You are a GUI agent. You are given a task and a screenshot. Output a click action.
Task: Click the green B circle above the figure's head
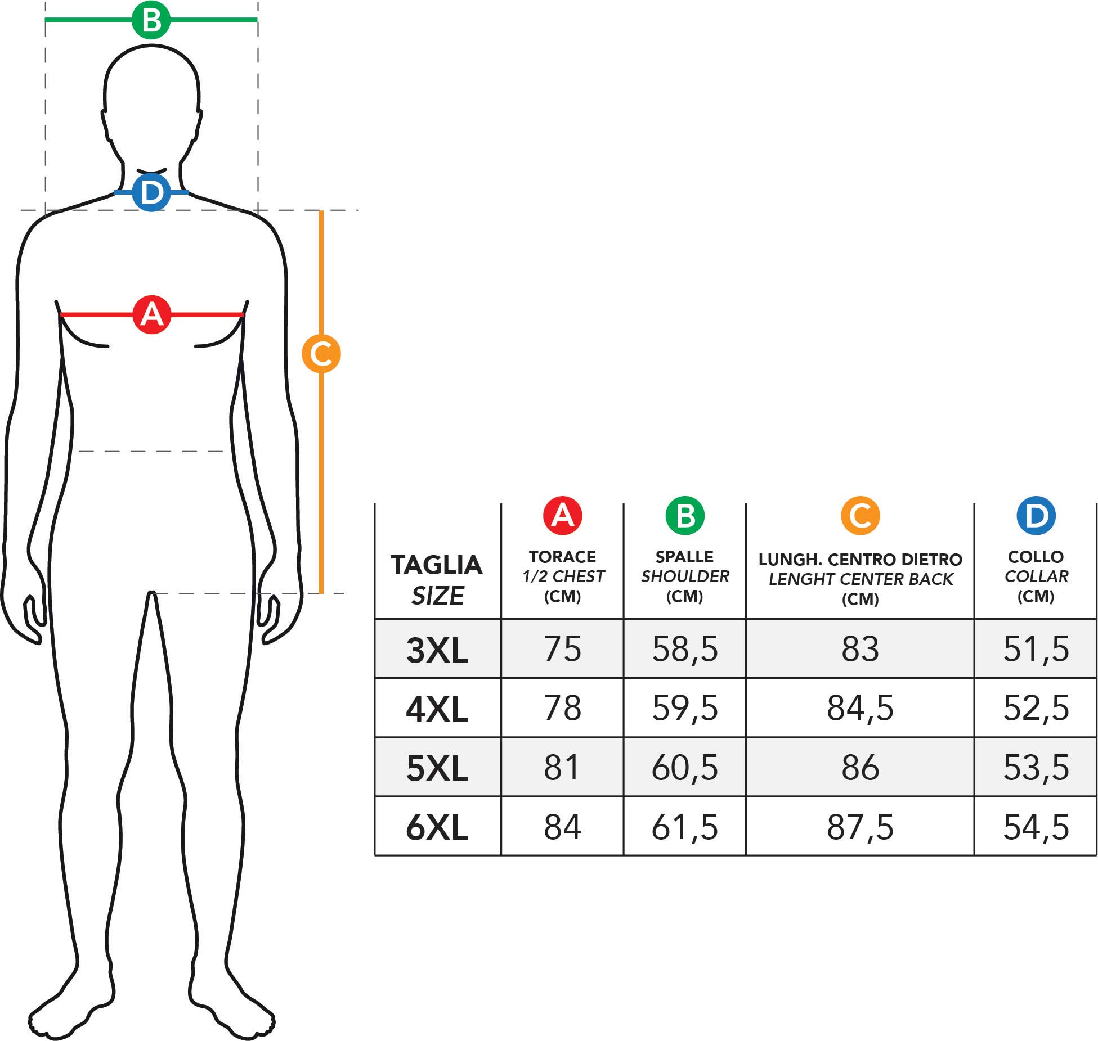pyautogui.click(x=151, y=20)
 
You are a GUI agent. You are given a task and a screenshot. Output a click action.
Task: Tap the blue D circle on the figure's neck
pyautogui.click(x=151, y=192)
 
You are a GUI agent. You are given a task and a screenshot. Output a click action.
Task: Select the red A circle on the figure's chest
pyautogui.click(x=152, y=314)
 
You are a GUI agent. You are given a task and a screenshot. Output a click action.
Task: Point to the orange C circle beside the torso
pyautogui.click(x=321, y=353)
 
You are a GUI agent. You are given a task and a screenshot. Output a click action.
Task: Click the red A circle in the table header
pyautogui.click(x=562, y=515)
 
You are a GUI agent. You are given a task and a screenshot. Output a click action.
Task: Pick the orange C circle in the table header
pyautogui.click(x=860, y=515)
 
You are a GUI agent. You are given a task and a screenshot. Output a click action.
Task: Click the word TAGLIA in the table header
pyautogui.click(x=437, y=565)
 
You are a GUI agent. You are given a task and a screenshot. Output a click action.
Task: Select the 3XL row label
pyautogui.click(x=437, y=650)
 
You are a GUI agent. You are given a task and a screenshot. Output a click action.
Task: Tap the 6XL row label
pyautogui.click(x=437, y=828)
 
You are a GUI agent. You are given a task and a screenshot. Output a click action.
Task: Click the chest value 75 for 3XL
pyautogui.click(x=562, y=649)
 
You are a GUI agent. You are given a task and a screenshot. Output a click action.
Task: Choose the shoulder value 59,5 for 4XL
pyautogui.click(x=685, y=708)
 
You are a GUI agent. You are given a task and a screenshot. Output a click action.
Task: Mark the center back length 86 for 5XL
pyautogui.click(x=860, y=768)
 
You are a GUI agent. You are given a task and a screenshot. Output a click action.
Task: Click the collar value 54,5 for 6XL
pyautogui.click(x=1036, y=827)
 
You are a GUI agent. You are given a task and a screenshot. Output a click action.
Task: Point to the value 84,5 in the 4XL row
pyautogui.click(x=860, y=708)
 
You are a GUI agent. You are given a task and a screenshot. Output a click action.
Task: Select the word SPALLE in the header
pyautogui.click(x=684, y=557)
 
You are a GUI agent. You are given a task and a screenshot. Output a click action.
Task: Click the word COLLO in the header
pyautogui.click(x=1036, y=557)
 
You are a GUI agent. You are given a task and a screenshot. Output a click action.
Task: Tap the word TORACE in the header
pyautogui.click(x=562, y=557)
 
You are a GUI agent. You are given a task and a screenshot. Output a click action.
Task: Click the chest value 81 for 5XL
pyautogui.click(x=562, y=768)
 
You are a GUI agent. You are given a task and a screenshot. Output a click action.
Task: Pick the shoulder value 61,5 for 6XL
pyautogui.click(x=685, y=827)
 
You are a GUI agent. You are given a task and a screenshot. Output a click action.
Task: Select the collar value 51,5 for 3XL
pyautogui.click(x=1036, y=649)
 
